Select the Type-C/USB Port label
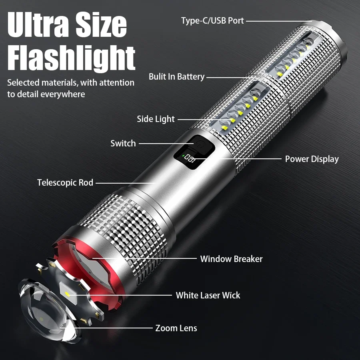(212, 20)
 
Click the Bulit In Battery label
(176, 76)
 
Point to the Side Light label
(156, 119)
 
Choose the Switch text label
(123, 143)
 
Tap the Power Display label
(312, 159)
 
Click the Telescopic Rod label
(65, 182)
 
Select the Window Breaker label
(231, 259)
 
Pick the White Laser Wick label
(208, 295)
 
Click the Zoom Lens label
(176, 328)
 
